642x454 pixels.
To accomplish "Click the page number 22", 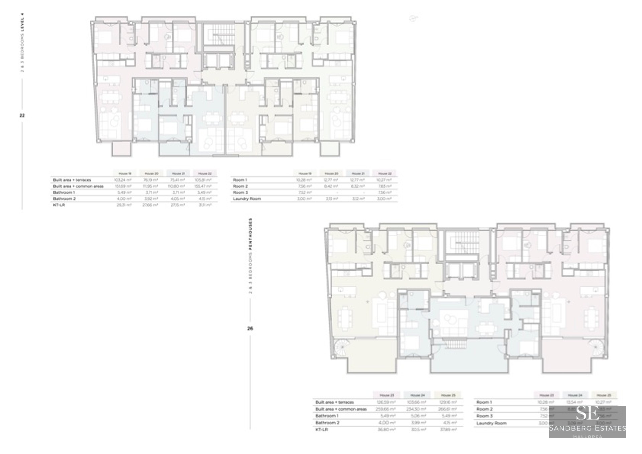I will (22, 115).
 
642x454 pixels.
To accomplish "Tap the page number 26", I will (250, 328).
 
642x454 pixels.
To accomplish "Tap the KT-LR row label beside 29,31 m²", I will (59, 205).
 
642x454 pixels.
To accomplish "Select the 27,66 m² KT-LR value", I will (150, 205).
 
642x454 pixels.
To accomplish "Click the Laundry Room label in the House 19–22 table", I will (247, 199).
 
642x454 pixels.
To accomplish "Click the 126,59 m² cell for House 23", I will (386, 402).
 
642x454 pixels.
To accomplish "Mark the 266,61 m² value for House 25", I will (448, 409).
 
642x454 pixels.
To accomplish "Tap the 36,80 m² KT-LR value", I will (386, 430).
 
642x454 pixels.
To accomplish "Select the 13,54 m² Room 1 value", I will (575, 402).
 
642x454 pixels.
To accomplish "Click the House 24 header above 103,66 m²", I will (417, 395).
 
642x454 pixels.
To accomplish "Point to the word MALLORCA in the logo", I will (587, 436).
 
